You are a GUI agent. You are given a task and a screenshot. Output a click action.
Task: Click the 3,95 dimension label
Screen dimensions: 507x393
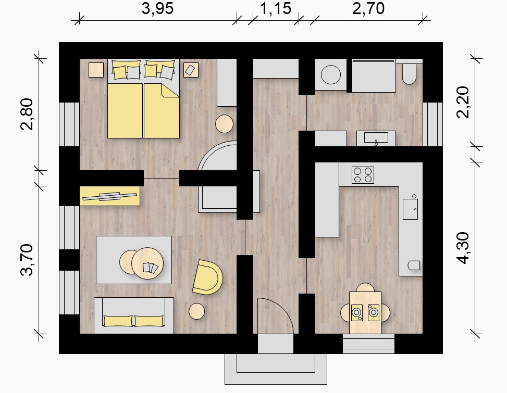pos(157,8)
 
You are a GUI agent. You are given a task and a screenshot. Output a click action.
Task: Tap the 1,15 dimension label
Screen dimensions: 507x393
pos(276,8)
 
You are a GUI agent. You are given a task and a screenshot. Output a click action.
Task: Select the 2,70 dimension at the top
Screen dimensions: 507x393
pos(368,8)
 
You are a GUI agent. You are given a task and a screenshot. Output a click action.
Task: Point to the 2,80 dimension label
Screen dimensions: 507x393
pos(27,114)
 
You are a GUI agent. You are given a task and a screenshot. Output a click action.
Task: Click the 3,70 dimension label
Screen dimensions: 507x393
pos(27,260)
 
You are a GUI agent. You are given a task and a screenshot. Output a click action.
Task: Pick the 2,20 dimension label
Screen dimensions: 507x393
pos(463,102)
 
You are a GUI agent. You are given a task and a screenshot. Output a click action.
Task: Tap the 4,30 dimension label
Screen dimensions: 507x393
pos(463,248)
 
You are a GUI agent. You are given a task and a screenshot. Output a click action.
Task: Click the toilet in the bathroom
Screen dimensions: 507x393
pos(409,73)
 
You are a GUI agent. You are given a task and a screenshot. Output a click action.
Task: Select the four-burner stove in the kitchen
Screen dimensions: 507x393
pos(363,175)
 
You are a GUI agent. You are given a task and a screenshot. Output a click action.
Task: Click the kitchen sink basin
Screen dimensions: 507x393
pos(410,209)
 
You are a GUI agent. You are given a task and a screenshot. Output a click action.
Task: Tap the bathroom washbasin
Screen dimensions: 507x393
pos(376,137)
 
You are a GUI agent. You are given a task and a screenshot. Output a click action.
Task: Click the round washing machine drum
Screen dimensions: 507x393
pos(331,74)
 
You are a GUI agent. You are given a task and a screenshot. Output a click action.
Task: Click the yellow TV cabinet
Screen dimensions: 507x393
pos(110,196)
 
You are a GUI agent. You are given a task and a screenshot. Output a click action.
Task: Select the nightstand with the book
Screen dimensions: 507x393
pos(191,70)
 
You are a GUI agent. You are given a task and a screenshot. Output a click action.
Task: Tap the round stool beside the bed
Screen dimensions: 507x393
pos(225,124)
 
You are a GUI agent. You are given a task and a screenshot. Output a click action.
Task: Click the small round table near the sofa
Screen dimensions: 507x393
pos(196,311)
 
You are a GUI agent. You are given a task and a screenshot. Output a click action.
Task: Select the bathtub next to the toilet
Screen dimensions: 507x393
pos(374,76)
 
